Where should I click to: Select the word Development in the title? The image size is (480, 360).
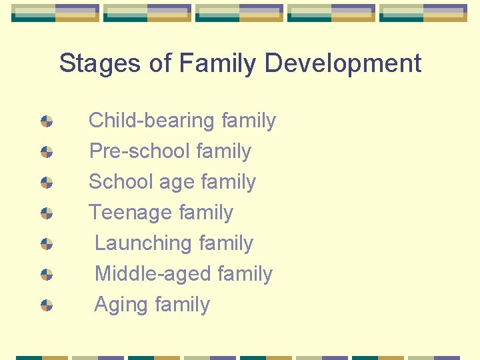[x=343, y=64]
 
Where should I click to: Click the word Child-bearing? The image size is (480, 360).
[x=152, y=121]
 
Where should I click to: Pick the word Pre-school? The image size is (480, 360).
[x=140, y=151]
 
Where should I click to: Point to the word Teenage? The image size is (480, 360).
[x=131, y=213]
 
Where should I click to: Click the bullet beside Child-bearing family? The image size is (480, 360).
[x=47, y=121]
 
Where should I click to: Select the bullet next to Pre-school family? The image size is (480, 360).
[x=47, y=152]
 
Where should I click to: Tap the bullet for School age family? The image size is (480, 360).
[x=47, y=183]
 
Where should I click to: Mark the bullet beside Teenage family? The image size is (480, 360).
[x=47, y=213]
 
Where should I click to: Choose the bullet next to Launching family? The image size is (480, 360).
[x=47, y=244]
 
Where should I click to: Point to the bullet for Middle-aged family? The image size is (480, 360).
[x=47, y=275]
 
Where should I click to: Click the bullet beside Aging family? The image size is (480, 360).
[x=47, y=305]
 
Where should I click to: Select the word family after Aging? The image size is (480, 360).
[x=181, y=305]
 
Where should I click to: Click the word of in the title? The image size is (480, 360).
[x=161, y=64]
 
